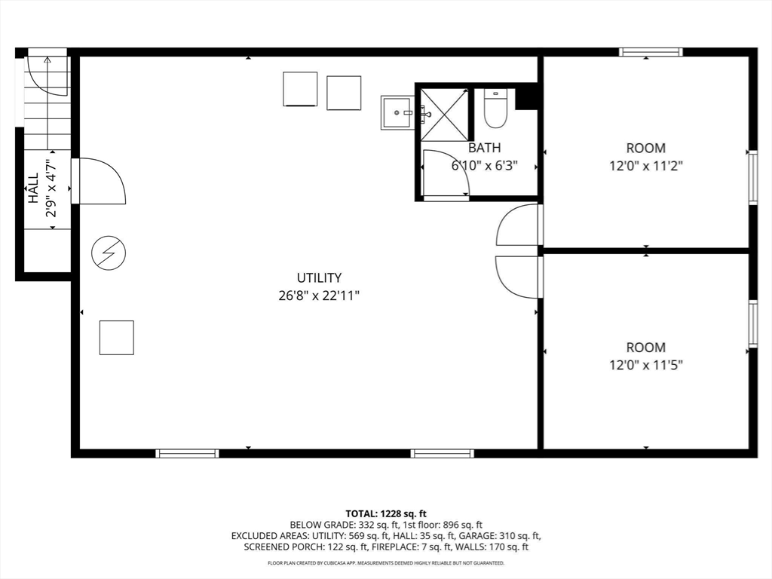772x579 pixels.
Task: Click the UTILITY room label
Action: click(x=318, y=277)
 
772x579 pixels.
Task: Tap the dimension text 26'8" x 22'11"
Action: click(x=318, y=296)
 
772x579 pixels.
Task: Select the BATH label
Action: click(x=483, y=148)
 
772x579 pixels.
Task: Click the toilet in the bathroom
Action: click(x=495, y=109)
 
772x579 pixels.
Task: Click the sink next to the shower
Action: click(x=397, y=112)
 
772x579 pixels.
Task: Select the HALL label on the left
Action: click(x=33, y=188)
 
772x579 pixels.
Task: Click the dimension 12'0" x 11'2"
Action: click(x=646, y=166)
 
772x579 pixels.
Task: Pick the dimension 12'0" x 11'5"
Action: click(x=646, y=366)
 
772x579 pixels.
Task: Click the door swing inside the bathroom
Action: click(x=444, y=173)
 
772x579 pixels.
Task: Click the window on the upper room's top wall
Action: click(x=651, y=52)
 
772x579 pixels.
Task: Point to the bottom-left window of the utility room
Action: click(x=187, y=453)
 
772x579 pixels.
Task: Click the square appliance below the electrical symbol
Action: click(x=117, y=337)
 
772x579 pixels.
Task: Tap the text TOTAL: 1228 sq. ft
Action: click(x=386, y=513)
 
